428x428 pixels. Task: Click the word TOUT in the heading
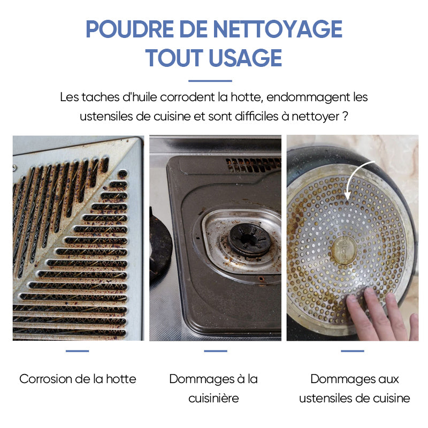174,58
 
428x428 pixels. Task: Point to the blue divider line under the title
210,81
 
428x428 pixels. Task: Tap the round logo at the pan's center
344,250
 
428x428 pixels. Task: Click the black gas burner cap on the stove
249,239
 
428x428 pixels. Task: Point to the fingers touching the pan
381,314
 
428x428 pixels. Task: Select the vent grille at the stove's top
253,165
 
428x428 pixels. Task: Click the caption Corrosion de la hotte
78,379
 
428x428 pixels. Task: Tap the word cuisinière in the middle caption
213,398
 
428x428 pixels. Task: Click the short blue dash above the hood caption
77,351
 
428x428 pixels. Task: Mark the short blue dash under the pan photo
353,351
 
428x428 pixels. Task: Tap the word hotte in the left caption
121,379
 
